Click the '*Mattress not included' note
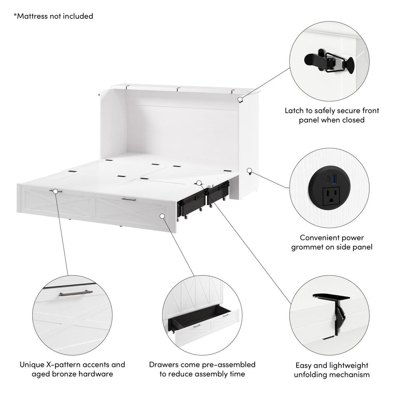[x=53, y=16]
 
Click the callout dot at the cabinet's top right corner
[x=241, y=99]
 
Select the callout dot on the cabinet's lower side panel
[x=249, y=171]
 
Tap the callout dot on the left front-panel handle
[x=55, y=191]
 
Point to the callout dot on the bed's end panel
[x=162, y=215]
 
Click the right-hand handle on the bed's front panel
[x=128, y=199]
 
